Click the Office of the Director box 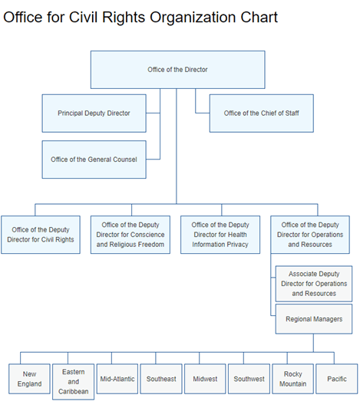pyautogui.click(x=177, y=70)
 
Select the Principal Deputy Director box pyautogui.click(x=94, y=114)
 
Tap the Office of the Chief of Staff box pyautogui.click(x=262, y=114)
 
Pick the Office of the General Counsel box pyautogui.click(x=94, y=160)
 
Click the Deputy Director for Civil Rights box pyautogui.click(x=41, y=235)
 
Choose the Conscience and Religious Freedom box pyautogui.click(x=130, y=235)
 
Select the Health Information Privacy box pyautogui.click(x=220, y=235)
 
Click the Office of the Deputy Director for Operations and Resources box pyautogui.click(x=310, y=235)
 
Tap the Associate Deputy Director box pyautogui.click(x=314, y=284)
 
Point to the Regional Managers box pyautogui.click(x=314, y=319)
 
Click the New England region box pyautogui.click(x=29, y=379)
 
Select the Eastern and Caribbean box pyautogui.click(x=73, y=382)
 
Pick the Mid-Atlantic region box pyautogui.click(x=117, y=379)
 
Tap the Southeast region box pyautogui.click(x=161, y=379)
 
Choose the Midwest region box pyautogui.click(x=205, y=379)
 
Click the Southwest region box pyautogui.click(x=249, y=379)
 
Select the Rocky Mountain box pyautogui.click(x=292, y=379)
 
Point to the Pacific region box pyautogui.click(x=337, y=379)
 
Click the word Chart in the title pyautogui.click(x=259, y=18)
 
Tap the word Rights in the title pyautogui.click(x=124, y=18)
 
